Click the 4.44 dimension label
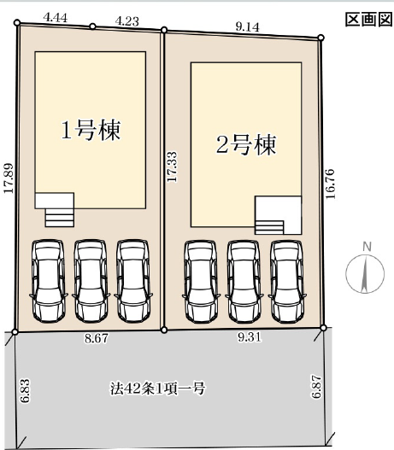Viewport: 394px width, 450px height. pos(56,18)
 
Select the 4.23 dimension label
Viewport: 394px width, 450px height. pos(127,21)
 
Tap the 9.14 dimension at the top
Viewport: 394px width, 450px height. pos(247,27)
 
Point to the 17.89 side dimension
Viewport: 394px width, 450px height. pos(8,178)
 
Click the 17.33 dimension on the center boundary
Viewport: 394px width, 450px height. pos(173,167)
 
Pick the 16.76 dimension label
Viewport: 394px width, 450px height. pos(330,184)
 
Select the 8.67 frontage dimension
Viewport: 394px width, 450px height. pos(97,339)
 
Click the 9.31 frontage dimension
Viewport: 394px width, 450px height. pos(250,337)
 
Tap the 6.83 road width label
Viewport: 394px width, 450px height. pos(25,391)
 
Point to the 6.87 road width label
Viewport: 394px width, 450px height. pos(316,386)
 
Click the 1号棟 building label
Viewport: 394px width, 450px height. pos(91,130)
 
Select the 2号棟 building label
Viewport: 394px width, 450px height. pos(246,144)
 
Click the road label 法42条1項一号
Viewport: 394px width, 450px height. pos(157,389)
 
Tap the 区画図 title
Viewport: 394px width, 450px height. pos(368,20)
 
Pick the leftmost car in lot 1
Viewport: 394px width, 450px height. pos(48,281)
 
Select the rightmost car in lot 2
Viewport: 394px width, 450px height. pos(287,282)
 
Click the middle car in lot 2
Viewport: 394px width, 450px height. pos(244,282)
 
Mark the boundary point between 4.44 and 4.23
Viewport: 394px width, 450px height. pos(92,26)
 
